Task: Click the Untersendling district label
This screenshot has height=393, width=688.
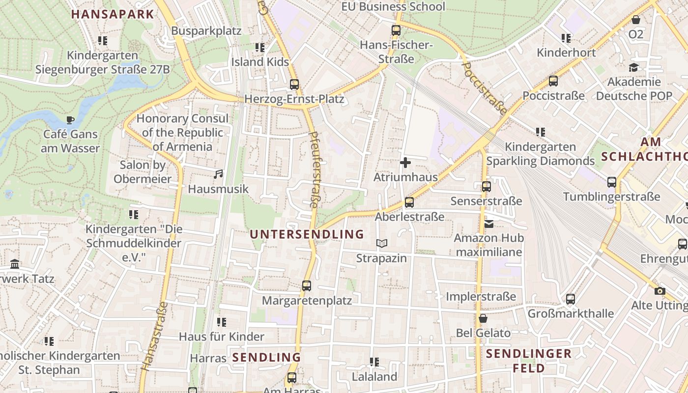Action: pyautogui.click(x=307, y=234)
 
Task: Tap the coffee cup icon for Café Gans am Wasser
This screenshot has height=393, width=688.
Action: pyautogui.click(x=70, y=119)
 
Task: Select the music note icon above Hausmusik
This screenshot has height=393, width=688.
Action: pyautogui.click(x=218, y=174)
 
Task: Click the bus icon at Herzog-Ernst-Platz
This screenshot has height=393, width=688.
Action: pyautogui.click(x=294, y=84)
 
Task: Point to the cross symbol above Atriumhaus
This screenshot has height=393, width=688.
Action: pyautogui.click(x=405, y=162)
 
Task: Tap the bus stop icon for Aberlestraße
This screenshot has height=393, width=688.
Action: pyautogui.click(x=409, y=202)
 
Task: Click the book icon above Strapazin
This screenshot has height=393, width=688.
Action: pyautogui.click(x=382, y=243)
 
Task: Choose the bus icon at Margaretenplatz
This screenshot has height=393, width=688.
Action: pyautogui.click(x=307, y=285)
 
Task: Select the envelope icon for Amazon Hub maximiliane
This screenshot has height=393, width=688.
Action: pyautogui.click(x=489, y=224)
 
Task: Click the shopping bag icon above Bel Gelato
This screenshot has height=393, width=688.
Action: pyautogui.click(x=483, y=318)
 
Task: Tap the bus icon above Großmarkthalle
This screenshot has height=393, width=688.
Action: pyautogui.click(x=571, y=299)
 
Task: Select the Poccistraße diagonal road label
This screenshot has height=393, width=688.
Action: pyautogui.click(x=485, y=88)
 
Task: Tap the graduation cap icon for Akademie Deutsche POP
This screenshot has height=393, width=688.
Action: pyautogui.click(x=633, y=67)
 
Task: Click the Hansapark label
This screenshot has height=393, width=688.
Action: pyautogui.click(x=113, y=14)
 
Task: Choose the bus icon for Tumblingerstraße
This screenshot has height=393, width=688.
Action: pyautogui.click(x=612, y=182)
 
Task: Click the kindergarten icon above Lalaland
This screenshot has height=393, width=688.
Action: pyautogui.click(x=374, y=362)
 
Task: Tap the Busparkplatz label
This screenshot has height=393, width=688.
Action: pyautogui.click(x=206, y=31)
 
